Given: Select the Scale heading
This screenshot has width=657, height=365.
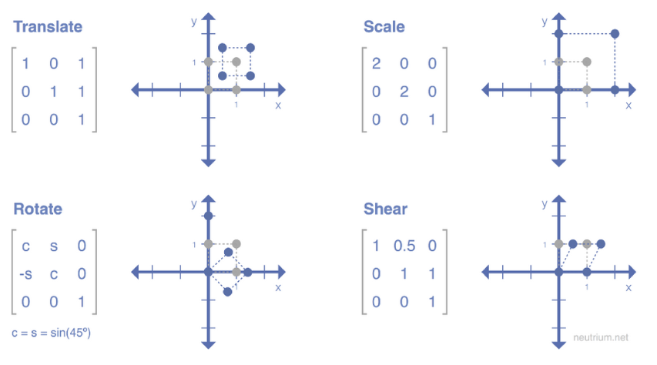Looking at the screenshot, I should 384,27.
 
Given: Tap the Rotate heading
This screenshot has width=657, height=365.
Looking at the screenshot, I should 38,209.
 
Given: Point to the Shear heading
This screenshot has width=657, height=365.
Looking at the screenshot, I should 385,209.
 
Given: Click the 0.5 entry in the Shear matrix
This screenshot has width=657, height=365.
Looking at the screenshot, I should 404,246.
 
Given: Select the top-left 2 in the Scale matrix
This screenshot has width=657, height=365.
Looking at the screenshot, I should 376,63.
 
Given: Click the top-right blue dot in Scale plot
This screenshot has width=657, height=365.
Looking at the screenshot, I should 615,34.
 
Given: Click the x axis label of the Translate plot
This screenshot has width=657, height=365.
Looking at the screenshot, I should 278,105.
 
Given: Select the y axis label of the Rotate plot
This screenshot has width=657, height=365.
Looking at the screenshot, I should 193,203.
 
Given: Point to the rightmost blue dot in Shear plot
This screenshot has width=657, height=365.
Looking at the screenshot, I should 601,244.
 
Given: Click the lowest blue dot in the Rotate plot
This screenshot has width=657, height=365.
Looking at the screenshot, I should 227,292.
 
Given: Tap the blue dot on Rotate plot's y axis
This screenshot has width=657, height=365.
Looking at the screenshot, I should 208,216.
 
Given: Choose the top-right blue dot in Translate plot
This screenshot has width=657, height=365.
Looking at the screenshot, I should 250,48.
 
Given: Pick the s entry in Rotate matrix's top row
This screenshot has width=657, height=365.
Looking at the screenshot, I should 53,246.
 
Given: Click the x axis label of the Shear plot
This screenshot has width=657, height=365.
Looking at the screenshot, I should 629,287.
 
